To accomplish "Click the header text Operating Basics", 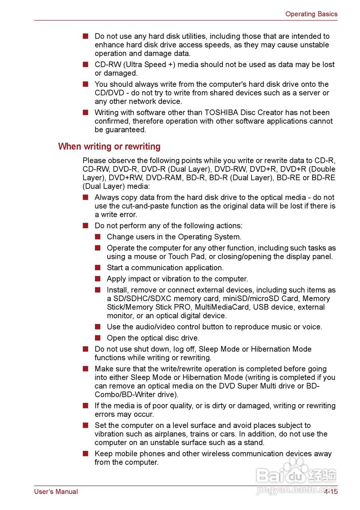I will [311, 14].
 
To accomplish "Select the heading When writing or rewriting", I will [109, 147].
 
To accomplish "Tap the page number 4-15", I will [330, 492].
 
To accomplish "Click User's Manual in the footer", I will [56, 492].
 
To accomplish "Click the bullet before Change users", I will [98, 237].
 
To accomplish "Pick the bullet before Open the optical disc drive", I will [98, 338].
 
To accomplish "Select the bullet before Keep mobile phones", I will [85, 454].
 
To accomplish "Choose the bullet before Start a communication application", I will [98, 268].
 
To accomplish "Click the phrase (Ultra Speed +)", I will [148, 65].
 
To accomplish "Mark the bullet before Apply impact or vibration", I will [98, 279].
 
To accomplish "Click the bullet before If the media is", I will [85, 406].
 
